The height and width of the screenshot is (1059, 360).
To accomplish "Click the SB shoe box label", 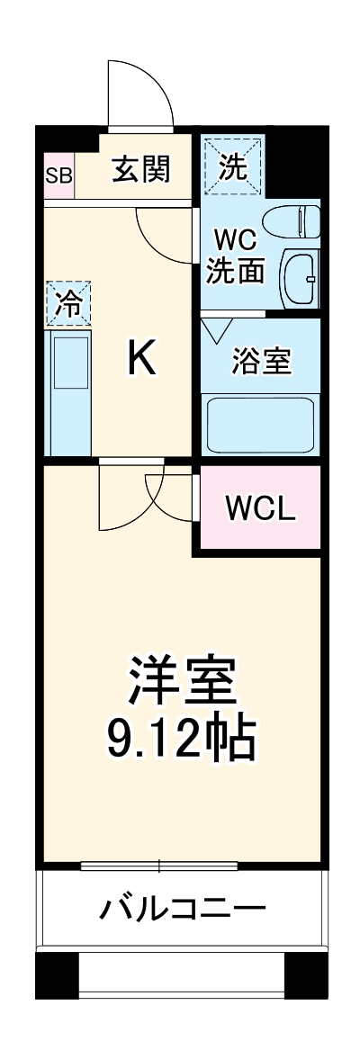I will pos(59,173).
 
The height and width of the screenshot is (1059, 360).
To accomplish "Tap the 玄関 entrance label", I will pos(140,169).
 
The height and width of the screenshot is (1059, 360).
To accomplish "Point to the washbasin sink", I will pos(300,278).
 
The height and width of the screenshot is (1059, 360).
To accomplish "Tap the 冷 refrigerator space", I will pos(68,302).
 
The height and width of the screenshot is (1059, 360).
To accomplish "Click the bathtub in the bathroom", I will pos(260,425).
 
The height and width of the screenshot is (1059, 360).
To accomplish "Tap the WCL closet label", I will pos(259,509).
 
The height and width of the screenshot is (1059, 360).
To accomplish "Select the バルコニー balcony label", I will pos(182,906).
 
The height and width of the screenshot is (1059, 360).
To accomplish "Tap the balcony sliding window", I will pos(159,867).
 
